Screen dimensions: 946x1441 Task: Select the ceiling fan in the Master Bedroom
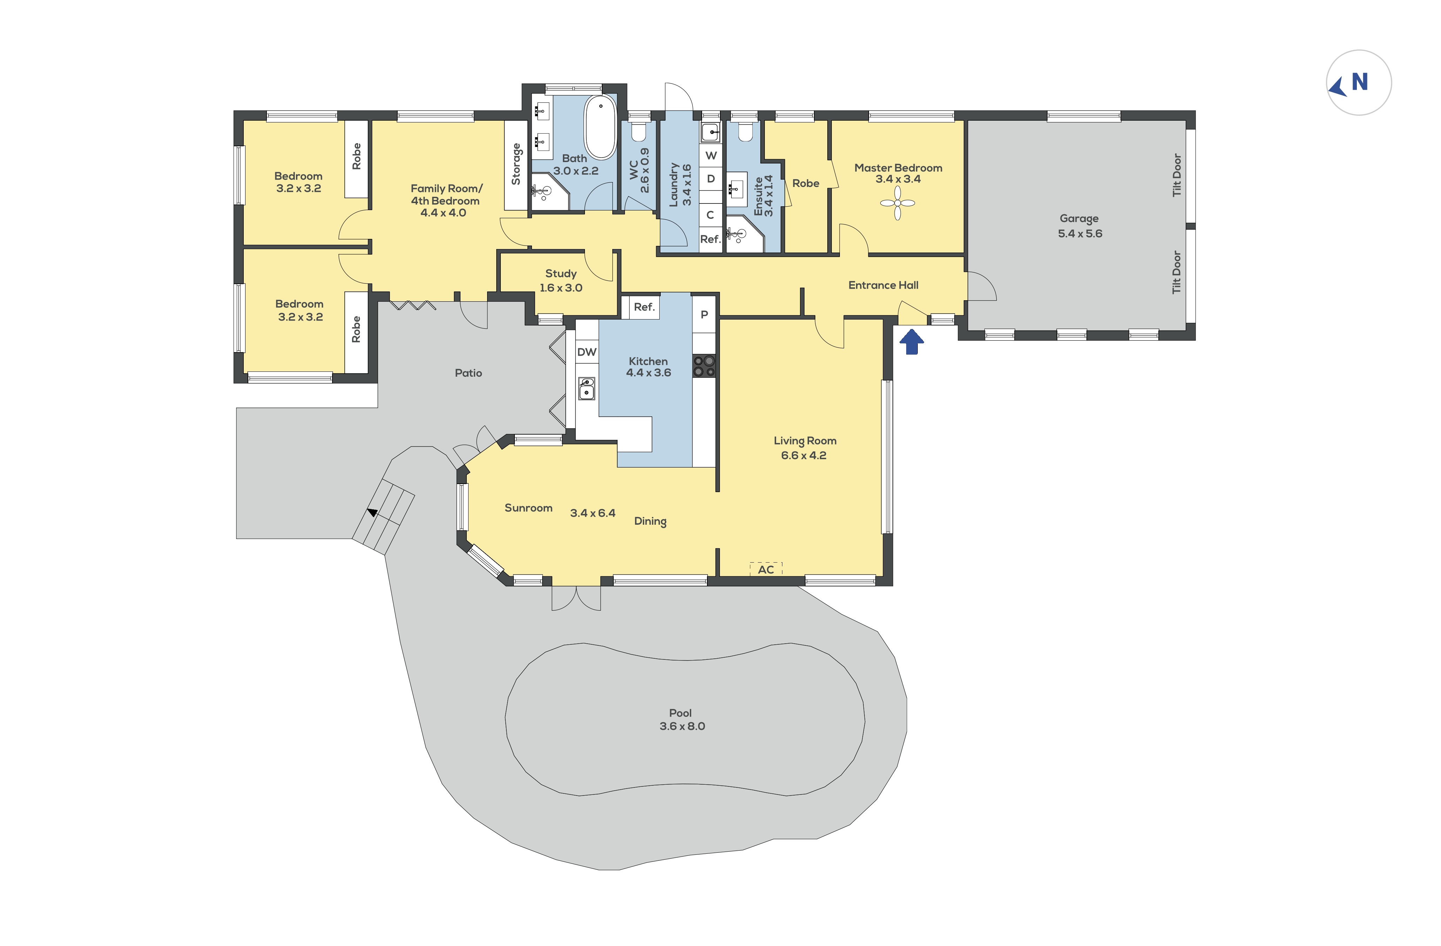[897, 203]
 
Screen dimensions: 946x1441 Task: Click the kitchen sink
[586, 388]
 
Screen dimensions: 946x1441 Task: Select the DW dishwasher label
[587, 352]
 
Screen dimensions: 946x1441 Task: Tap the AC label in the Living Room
[766, 569]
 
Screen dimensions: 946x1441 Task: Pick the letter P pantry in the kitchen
[704, 314]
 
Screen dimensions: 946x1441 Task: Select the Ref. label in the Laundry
[710, 239]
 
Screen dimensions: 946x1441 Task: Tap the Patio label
[468, 373]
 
